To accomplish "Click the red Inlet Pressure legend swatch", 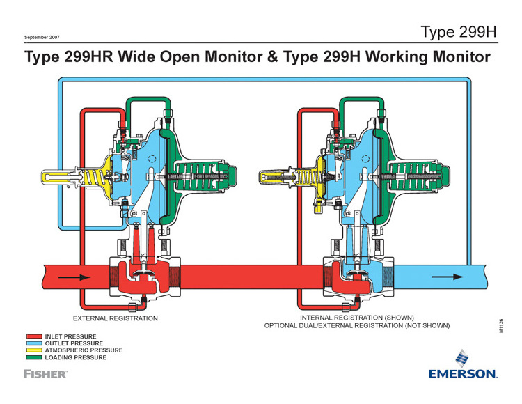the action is [x=34, y=336].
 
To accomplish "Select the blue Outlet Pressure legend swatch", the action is [x=34, y=343].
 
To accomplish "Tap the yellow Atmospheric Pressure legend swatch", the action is [x=34, y=350].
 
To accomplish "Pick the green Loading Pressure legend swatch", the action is [x=34, y=357].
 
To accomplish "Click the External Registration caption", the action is [x=115, y=318].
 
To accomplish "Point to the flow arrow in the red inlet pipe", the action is [x=74, y=277].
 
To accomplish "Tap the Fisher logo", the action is [x=45, y=373].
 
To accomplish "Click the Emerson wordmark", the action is [x=463, y=373].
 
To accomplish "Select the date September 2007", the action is [x=42, y=38].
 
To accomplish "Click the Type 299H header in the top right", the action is [x=459, y=32].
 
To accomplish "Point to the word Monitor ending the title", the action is [x=461, y=56].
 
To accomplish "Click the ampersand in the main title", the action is [x=272, y=56].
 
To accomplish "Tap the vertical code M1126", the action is [x=501, y=326].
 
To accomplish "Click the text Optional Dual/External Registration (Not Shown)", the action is [x=357, y=325].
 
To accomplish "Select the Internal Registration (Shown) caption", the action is [x=357, y=318].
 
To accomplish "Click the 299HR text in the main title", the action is [x=88, y=56].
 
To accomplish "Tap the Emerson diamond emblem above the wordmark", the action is [x=462, y=358].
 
